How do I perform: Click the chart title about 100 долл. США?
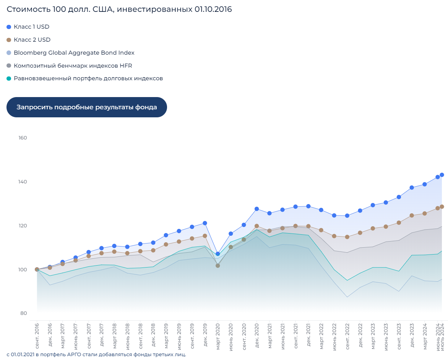[x=119, y=9]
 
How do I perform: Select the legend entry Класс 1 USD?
[x=31, y=27]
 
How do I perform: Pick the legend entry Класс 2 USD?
[x=32, y=40]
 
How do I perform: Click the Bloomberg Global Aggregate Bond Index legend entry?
[x=74, y=53]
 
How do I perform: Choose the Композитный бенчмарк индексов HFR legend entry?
[x=73, y=66]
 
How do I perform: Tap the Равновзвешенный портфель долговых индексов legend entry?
[x=88, y=78]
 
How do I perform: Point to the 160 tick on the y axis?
[x=23, y=138]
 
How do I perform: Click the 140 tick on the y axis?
[x=23, y=182]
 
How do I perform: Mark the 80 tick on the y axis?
[x=23, y=313]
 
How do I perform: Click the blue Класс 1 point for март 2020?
[x=218, y=254]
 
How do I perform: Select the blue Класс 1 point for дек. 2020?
[x=256, y=209]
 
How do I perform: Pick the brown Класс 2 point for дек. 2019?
[x=205, y=236]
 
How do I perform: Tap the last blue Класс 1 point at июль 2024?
[x=442, y=175]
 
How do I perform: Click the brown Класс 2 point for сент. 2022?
[x=347, y=237]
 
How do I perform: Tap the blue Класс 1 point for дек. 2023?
[x=412, y=188]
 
